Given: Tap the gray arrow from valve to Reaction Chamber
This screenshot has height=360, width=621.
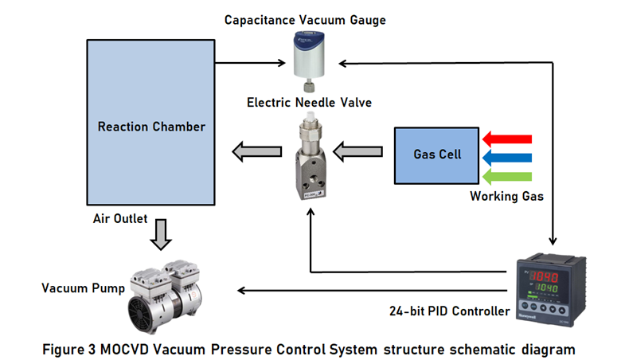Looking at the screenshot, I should point(256,149).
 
